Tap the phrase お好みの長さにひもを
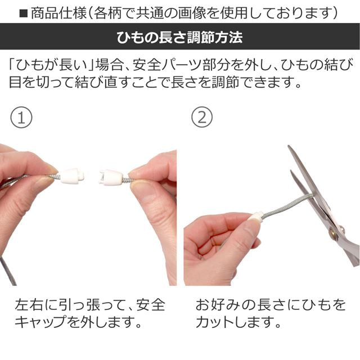[x=271, y=305]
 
